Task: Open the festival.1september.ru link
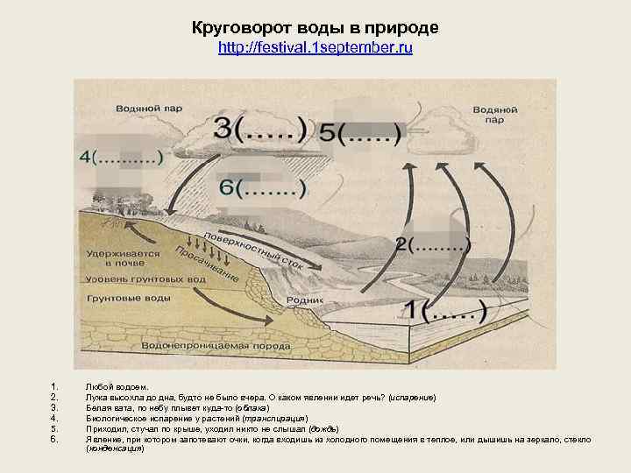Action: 315,49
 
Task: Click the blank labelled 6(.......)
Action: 262,187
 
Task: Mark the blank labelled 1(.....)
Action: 443,308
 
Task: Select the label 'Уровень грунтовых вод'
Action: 146,279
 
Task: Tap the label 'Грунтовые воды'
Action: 129,299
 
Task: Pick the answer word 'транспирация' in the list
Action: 277,418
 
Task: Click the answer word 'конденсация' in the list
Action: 115,448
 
